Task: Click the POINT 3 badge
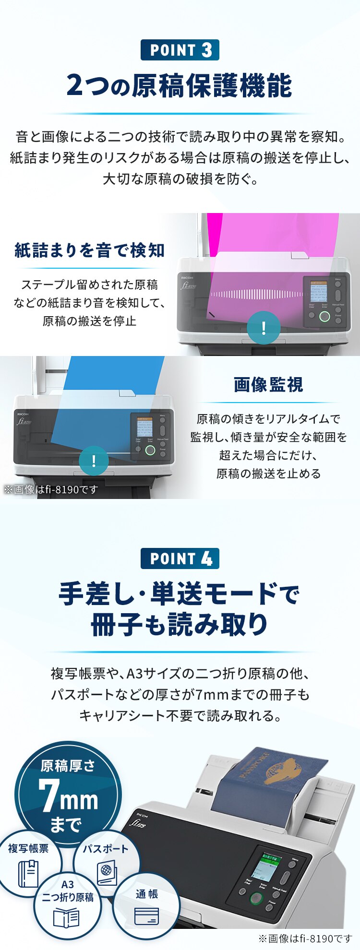pyautogui.click(x=180, y=50)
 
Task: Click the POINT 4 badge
pyautogui.click(x=180, y=558)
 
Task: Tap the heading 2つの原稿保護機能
pyautogui.click(x=180, y=86)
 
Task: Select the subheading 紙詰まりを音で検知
pyautogui.click(x=90, y=250)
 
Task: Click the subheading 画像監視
pyautogui.click(x=268, y=384)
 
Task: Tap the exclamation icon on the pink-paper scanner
pyautogui.click(x=264, y=328)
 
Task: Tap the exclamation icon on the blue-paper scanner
pyautogui.click(x=94, y=461)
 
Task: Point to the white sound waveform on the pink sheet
pyautogui.click(x=257, y=294)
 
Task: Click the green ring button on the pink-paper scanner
pyautogui.click(x=324, y=316)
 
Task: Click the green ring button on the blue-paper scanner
pyautogui.click(x=150, y=450)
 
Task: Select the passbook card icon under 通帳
pyautogui.click(x=146, y=915)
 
